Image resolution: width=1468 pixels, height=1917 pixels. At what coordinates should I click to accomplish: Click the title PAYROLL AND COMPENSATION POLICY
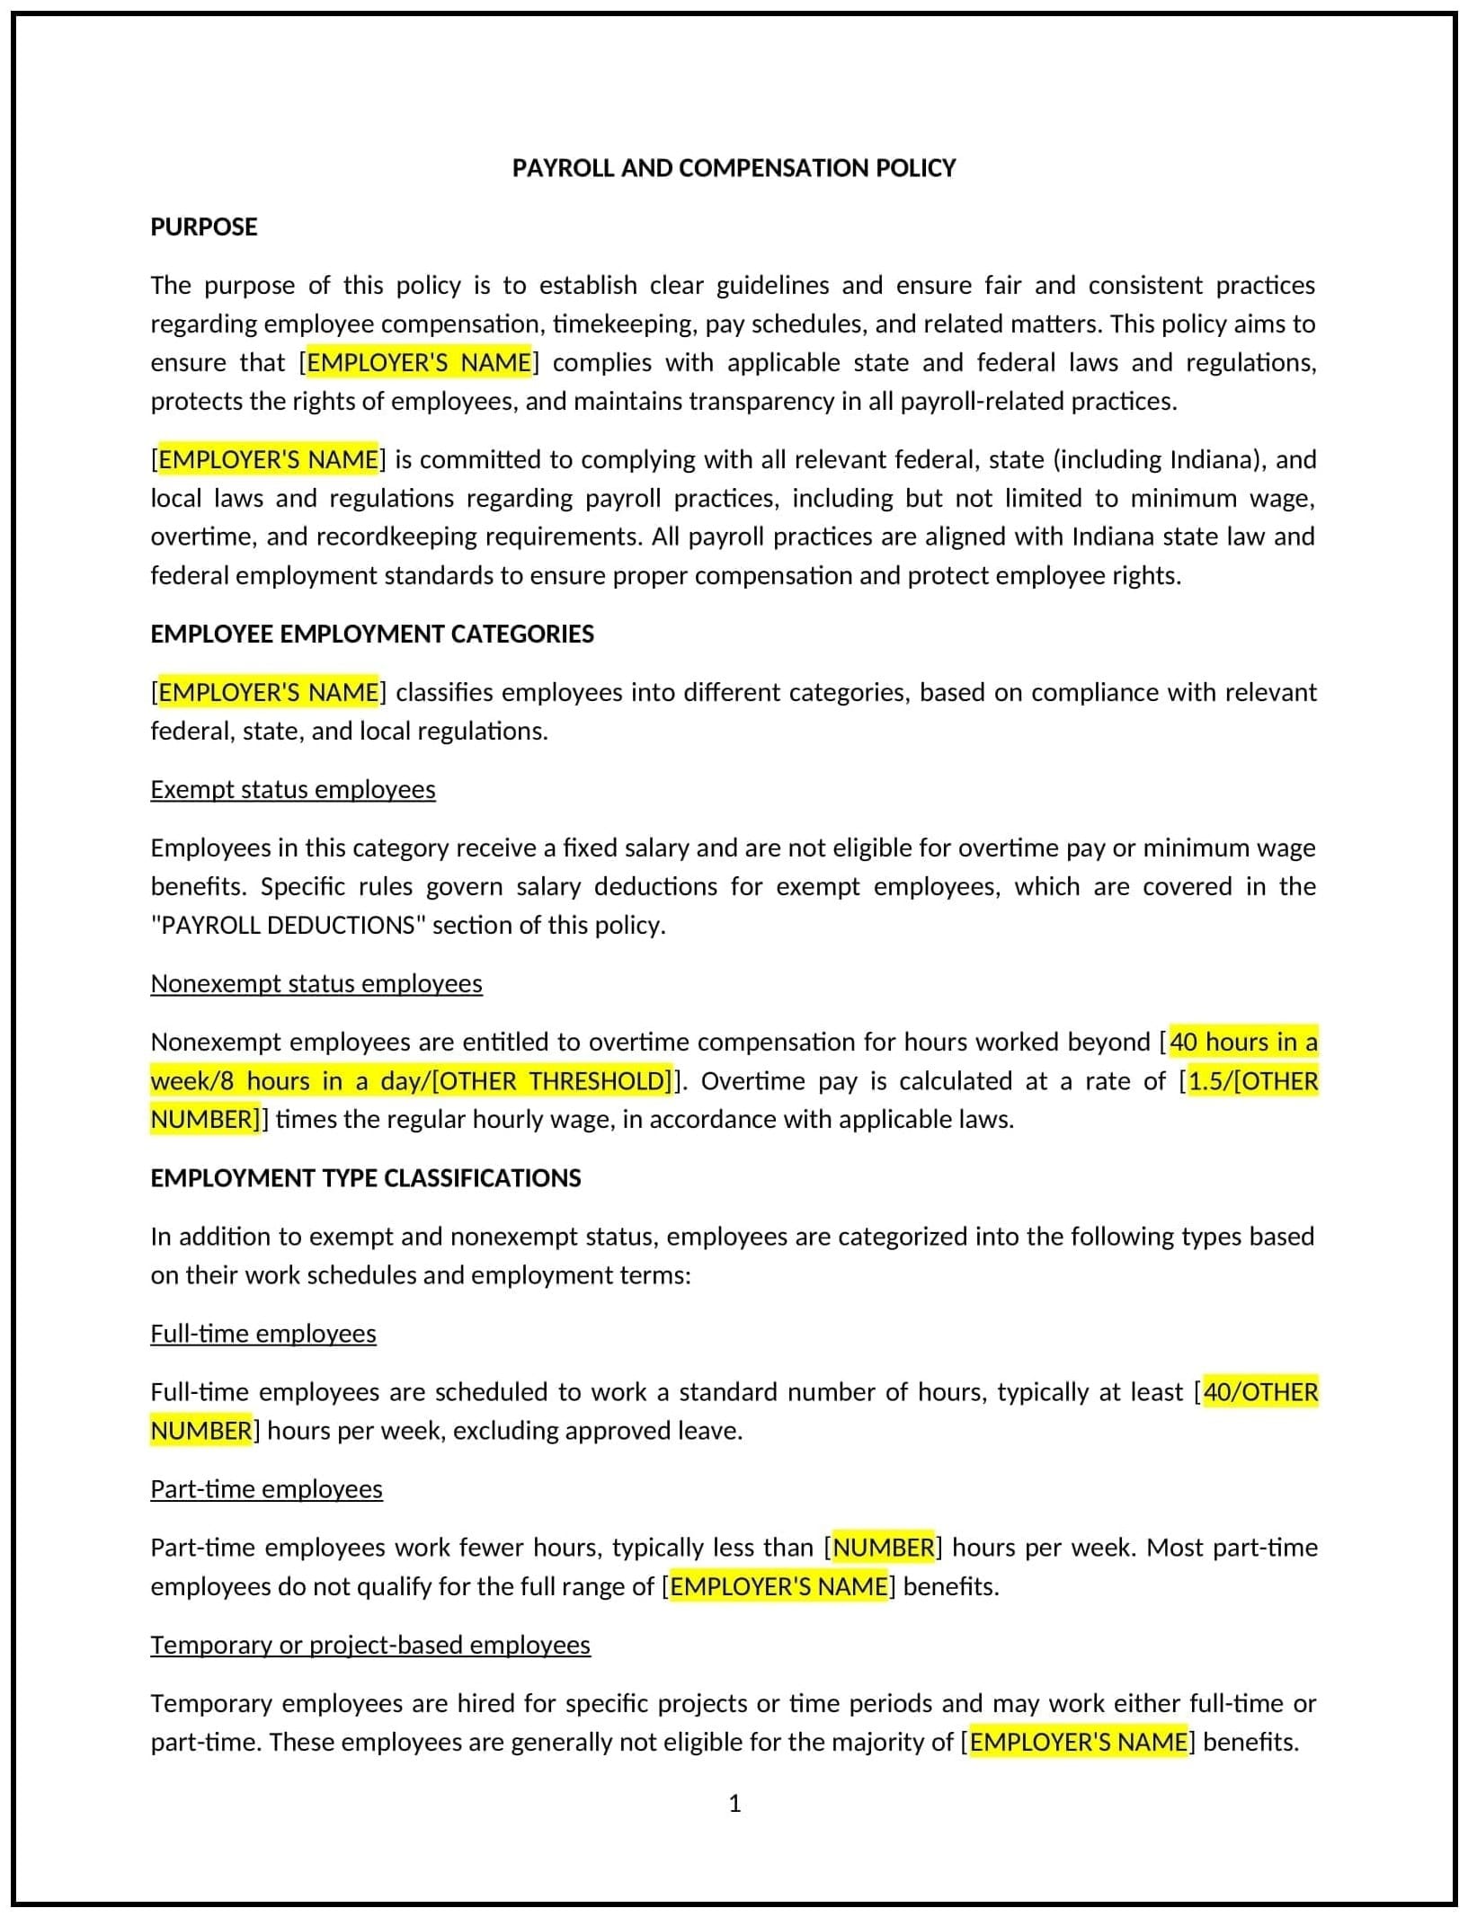tap(734, 168)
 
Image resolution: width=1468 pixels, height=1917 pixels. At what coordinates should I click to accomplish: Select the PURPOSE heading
tap(203, 226)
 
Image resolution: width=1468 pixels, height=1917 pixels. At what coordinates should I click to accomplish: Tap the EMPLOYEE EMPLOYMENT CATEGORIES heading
tap(371, 634)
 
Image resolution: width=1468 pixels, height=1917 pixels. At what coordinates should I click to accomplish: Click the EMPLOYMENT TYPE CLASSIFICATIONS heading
tap(365, 1177)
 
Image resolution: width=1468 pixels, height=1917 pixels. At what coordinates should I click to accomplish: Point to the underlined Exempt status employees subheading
tap(292, 789)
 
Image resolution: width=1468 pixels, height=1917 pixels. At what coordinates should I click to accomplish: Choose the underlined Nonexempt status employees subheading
tap(316, 983)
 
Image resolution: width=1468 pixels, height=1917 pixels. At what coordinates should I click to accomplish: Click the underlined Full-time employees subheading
tap(262, 1333)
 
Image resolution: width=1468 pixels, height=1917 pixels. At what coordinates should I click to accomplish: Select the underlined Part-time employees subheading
tap(266, 1488)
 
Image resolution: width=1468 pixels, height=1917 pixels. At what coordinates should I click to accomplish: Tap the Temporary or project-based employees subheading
tap(369, 1644)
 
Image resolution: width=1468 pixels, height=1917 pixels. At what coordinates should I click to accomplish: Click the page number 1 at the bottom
tap(734, 1803)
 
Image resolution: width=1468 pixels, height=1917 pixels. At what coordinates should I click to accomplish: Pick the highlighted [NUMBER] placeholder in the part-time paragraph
tap(884, 1547)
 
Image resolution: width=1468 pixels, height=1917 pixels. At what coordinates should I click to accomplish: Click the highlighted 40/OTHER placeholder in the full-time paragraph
tap(1259, 1391)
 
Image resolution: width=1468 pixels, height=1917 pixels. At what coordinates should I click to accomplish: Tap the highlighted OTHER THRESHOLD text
tap(551, 1080)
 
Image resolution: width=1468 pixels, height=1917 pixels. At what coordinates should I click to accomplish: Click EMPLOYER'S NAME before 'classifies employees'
tap(268, 692)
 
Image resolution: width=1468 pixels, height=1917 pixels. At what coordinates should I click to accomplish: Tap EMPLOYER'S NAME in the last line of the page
tap(1078, 1742)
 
